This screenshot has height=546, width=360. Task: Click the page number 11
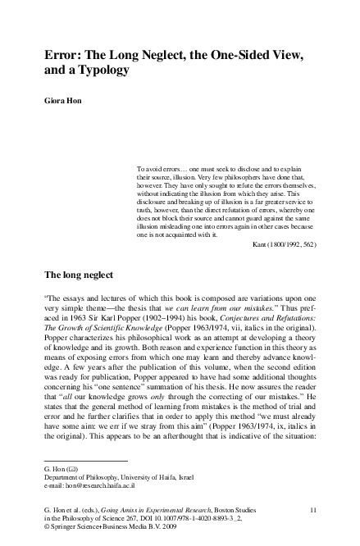tap(312, 510)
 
